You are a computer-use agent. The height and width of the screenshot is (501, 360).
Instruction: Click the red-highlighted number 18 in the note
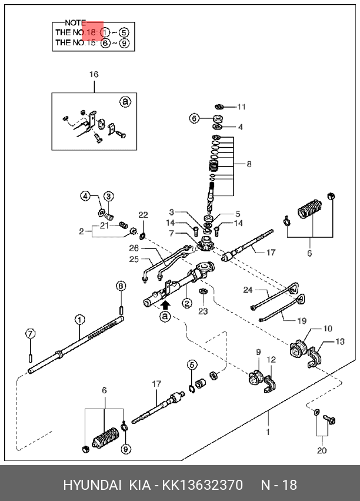pos(91,32)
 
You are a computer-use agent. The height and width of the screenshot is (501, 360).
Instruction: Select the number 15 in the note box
pos(91,43)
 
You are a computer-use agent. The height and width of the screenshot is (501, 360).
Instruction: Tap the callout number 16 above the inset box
pos(94,74)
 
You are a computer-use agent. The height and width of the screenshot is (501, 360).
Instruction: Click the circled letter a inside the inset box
pos(125,102)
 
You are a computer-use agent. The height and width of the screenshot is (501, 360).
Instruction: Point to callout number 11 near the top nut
pos(241,107)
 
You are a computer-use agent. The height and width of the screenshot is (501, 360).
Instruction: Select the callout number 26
pos(134,248)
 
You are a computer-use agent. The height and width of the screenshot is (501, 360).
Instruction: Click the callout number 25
pos(134,259)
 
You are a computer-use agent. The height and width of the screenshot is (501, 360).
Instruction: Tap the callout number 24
pos(248,290)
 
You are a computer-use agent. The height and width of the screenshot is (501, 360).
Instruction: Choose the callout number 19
pos(301,321)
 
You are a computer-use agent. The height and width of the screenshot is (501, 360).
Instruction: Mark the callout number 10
pos(328,329)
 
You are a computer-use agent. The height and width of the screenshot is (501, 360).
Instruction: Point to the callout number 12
pos(271,360)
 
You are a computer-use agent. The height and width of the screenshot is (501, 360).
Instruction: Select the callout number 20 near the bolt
pos(321,451)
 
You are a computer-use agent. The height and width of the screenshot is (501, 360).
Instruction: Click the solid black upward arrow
pos(165,304)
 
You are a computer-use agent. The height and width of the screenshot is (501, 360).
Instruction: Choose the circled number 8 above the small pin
pos(121,286)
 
